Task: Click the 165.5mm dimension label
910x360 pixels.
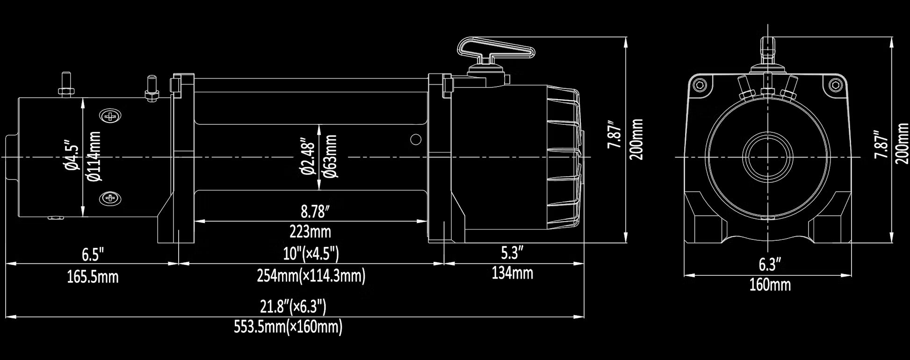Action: click(x=93, y=277)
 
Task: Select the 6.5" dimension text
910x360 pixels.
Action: click(x=93, y=255)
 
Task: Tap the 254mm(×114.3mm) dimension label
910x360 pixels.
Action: click(x=311, y=276)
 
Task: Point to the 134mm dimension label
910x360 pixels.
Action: click(x=512, y=273)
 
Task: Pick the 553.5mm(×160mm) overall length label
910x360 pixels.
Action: click(x=288, y=327)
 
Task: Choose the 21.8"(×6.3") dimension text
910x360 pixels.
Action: click(x=293, y=307)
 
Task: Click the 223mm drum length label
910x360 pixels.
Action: click(x=310, y=231)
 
